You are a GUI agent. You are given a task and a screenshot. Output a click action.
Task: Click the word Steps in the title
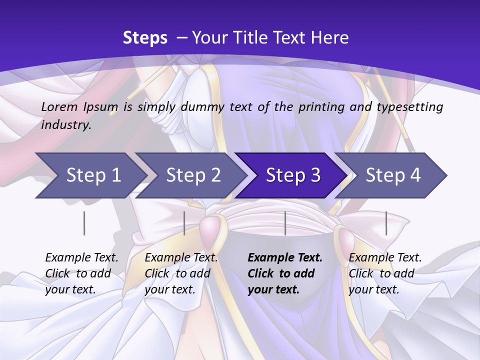click(145, 38)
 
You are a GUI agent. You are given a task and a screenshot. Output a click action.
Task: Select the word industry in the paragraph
click(66, 125)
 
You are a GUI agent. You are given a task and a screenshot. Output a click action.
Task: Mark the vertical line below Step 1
click(84, 223)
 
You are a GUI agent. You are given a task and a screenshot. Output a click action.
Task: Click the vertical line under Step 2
click(184, 223)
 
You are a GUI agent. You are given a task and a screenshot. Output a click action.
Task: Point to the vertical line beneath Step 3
click(285, 223)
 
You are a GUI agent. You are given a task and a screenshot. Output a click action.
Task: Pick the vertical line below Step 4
click(386, 223)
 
